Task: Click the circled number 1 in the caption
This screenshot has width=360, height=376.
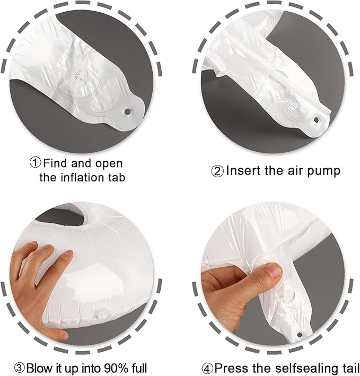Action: [36, 163]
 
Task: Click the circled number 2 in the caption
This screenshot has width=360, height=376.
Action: [217, 171]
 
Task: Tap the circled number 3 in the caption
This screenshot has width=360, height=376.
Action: [20, 368]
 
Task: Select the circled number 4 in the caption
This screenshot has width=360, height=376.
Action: [207, 368]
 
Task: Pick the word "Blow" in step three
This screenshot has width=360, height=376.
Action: [39, 368]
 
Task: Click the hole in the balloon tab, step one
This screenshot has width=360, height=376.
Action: [127, 111]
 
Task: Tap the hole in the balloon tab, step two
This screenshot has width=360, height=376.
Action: [317, 120]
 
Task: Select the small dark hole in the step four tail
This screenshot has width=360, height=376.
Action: [299, 334]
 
